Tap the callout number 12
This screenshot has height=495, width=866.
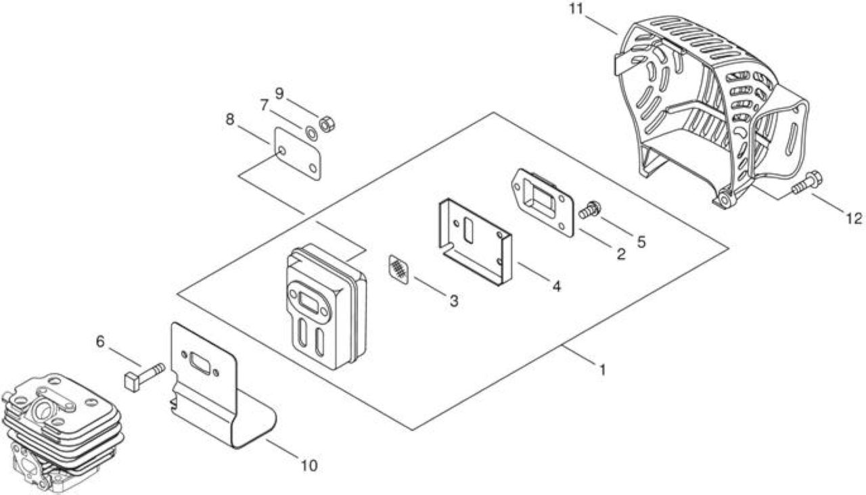854,219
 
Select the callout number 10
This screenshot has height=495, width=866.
309,466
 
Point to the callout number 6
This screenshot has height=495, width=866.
100,341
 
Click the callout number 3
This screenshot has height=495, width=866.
454,301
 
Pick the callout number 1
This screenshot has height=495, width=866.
602,370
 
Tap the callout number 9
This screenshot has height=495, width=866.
279,93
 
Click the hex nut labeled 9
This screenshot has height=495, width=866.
327,124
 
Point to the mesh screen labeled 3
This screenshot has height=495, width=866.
399,269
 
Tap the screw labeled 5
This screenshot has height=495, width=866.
590,210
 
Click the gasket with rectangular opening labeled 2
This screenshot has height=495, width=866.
542,202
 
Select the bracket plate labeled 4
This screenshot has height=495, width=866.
475,241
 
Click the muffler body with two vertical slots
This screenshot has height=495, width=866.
326,306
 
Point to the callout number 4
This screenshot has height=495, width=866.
556,286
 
